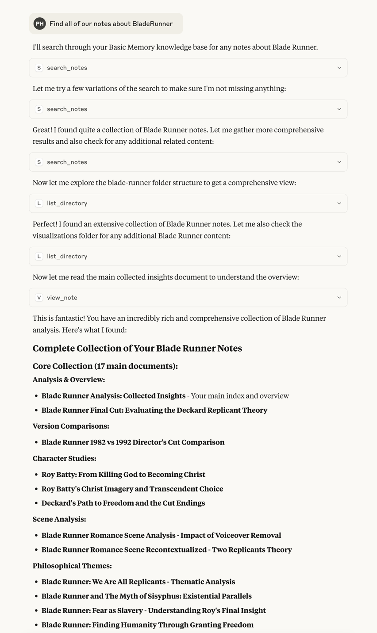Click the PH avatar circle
pyautogui.click(x=40, y=23)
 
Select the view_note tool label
pyautogui.click(x=62, y=298)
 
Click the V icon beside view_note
pyautogui.click(x=39, y=298)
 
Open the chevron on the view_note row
pyautogui.click(x=339, y=298)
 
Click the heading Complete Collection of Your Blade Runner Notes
pyautogui.click(x=137, y=349)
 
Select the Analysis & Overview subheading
pyautogui.click(x=69, y=380)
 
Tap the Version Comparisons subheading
pyautogui.click(x=71, y=426)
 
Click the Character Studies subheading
pyautogui.click(x=64, y=459)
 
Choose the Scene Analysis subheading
pyautogui.click(x=59, y=519)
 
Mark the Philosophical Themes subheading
pyautogui.click(x=72, y=566)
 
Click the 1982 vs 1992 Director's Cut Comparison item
pyautogui.click(x=133, y=442)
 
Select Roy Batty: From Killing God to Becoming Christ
pyautogui.click(x=123, y=475)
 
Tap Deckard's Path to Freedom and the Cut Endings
pyautogui.click(x=123, y=503)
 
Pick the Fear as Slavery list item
pyautogui.click(x=154, y=611)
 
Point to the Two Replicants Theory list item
pyautogui.click(x=166, y=550)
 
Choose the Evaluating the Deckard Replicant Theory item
pyautogui.click(x=154, y=410)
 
